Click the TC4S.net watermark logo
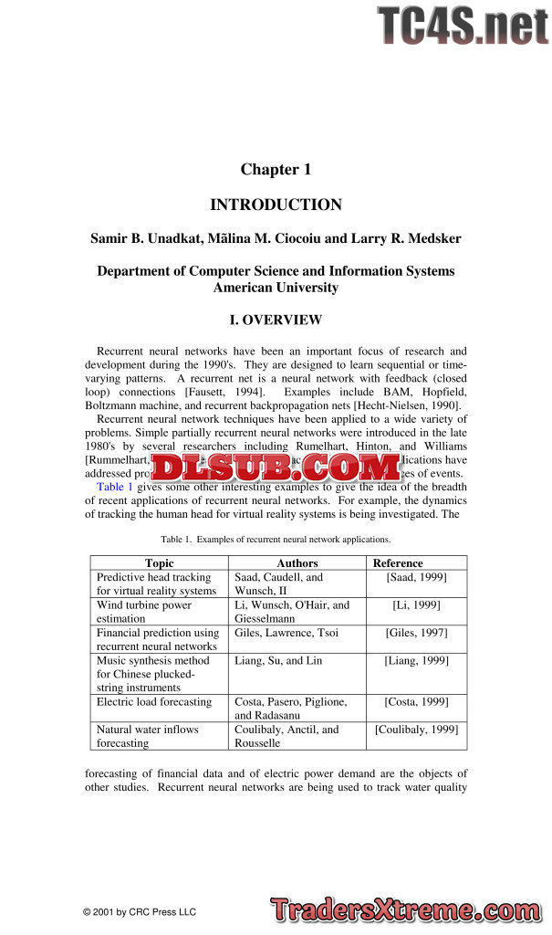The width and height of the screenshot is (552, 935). tap(463, 26)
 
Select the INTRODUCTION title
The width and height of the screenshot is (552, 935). tap(276, 205)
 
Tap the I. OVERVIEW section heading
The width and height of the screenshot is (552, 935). tap(276, 320)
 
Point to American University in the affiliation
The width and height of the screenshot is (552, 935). tap(276, 288)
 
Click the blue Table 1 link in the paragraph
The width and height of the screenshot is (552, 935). tap(115, 487)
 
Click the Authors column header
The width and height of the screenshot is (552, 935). tap(297, 563)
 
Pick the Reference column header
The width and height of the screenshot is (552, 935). tap(398, 563)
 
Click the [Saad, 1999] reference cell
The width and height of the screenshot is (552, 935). tap(416, 578)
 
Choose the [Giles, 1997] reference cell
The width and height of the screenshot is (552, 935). tap(416, 633)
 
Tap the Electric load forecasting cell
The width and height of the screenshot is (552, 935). tap(154, 702)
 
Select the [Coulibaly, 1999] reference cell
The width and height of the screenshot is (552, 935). tap(416, 730)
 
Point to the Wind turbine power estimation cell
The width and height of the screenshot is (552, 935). tap(144, 612)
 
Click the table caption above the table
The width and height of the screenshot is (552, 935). tap(276, 540)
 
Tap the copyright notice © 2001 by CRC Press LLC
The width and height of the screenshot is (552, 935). tap(139, 911)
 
